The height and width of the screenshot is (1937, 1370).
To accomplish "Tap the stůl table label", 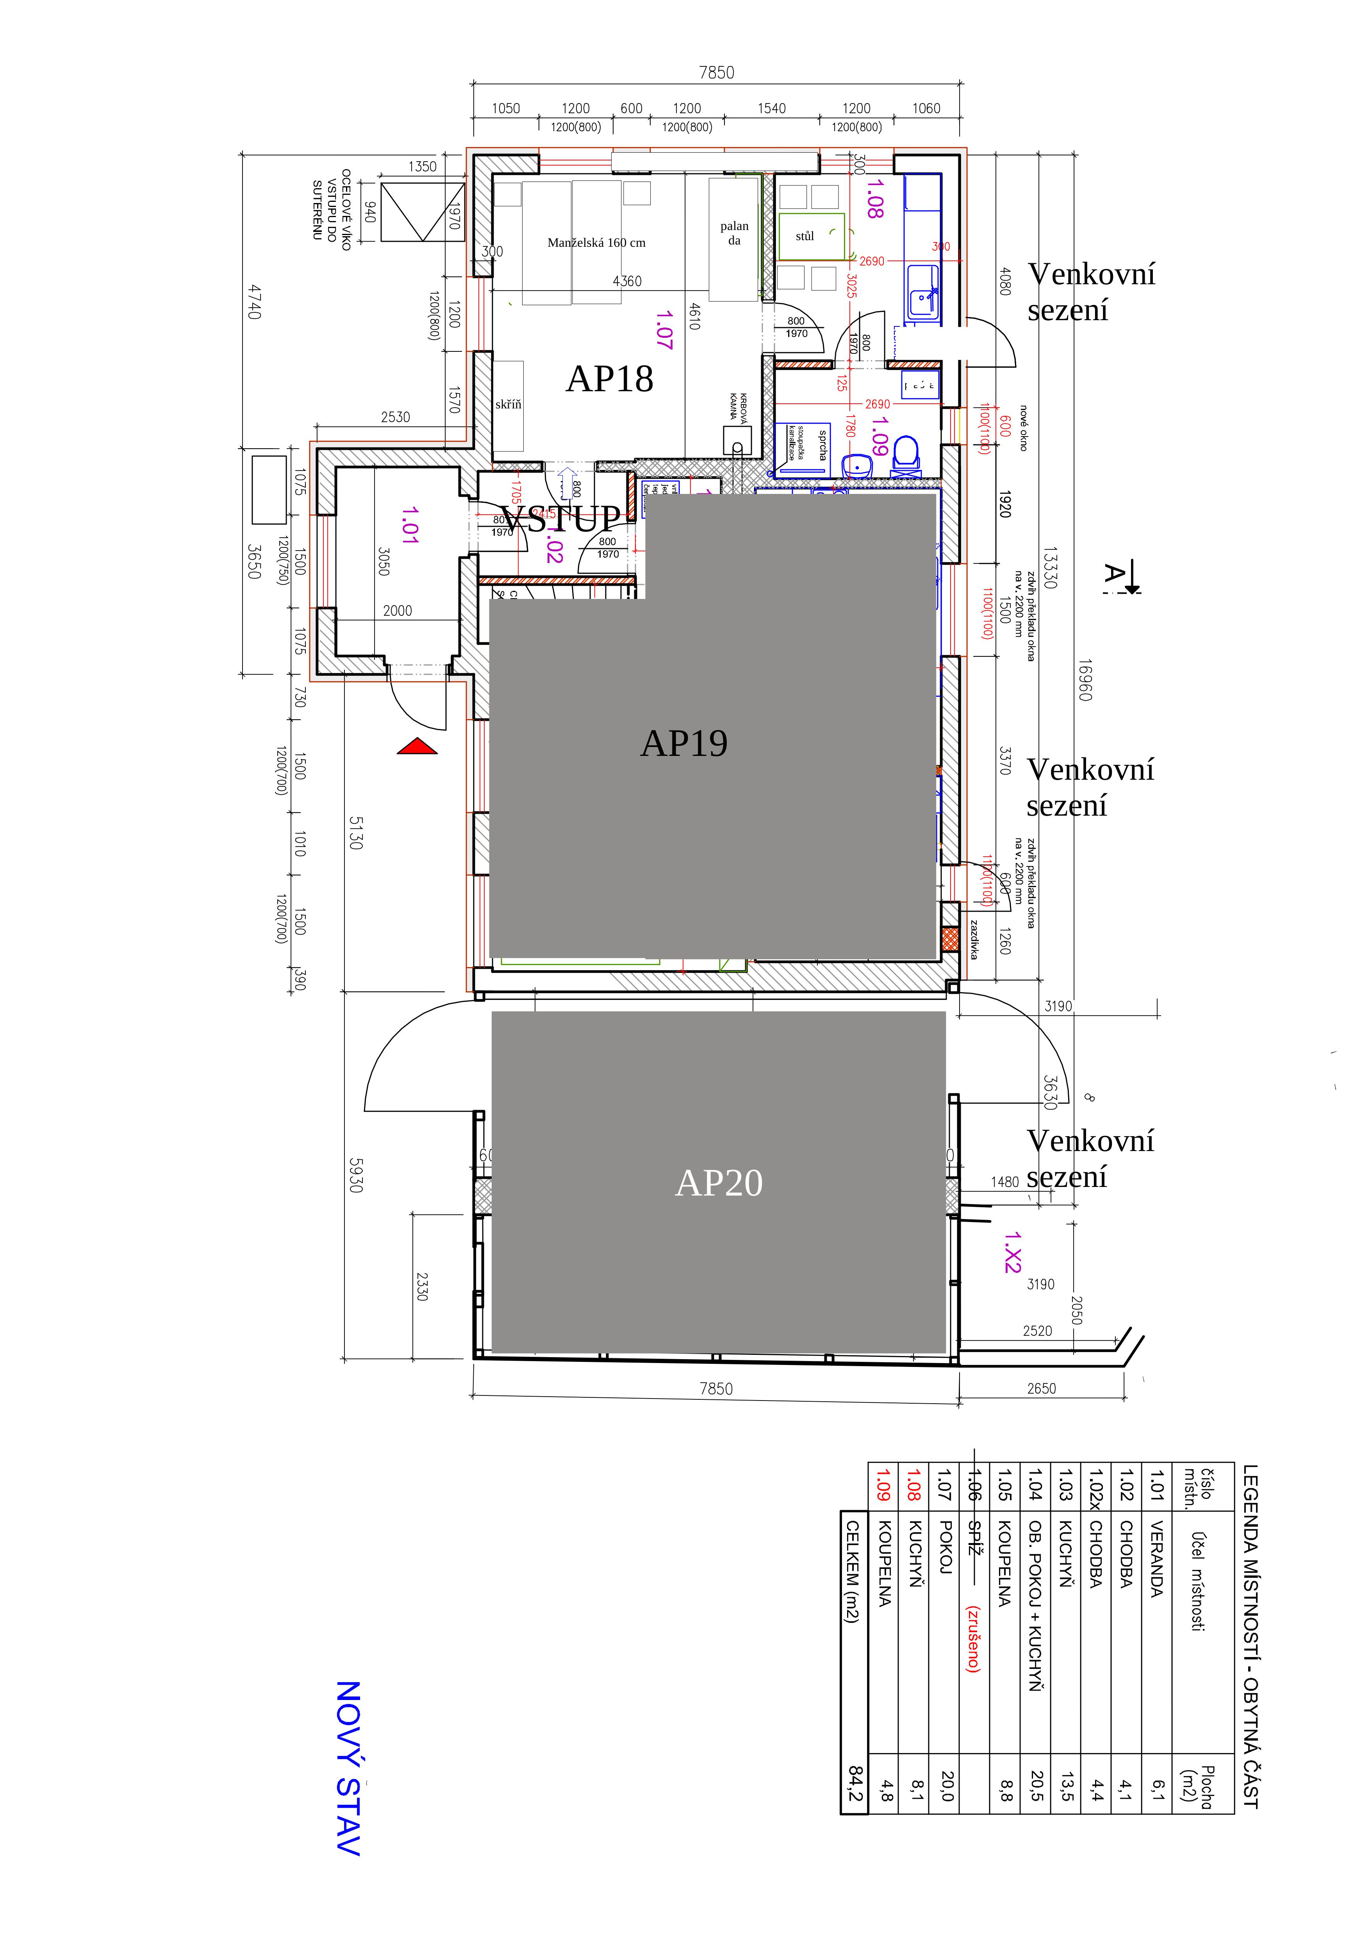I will [805, 236].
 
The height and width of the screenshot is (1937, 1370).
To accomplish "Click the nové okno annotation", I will [1023, 429].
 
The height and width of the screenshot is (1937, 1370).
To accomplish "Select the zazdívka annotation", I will [974, 939].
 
